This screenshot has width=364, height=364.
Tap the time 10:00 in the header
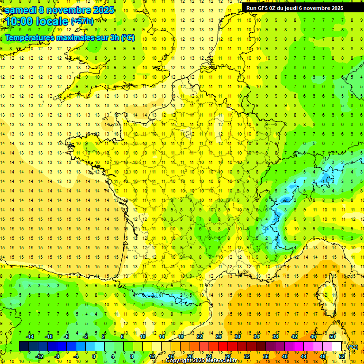22,21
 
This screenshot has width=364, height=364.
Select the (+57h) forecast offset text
82,21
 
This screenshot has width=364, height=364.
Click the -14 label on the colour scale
30,337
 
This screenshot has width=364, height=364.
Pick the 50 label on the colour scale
332,337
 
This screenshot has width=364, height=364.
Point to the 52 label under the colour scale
341,356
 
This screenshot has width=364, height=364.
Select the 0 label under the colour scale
94,356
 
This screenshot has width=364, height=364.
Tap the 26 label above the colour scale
218,337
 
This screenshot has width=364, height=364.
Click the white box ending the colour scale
337,346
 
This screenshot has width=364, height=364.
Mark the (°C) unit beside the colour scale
353,346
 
